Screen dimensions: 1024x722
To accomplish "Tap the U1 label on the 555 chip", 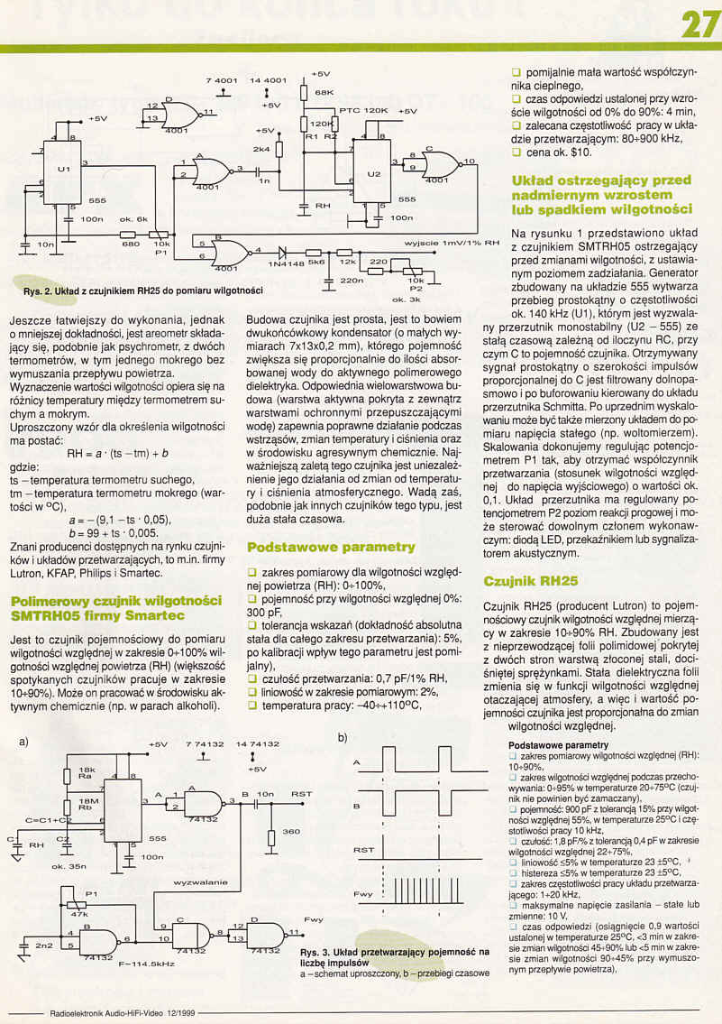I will pos(62,169).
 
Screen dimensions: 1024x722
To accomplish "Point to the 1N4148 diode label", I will pos(287,263).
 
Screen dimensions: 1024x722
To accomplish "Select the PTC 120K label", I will pos(364,110).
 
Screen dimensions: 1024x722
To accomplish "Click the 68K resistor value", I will pos(324,93).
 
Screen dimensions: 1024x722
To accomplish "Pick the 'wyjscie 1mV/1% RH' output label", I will pos(452,243).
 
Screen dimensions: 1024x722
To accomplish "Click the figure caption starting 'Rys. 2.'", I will pos(142,291).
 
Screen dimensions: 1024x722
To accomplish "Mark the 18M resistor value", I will pos(87,801).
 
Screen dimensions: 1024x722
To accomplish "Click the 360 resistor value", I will pos(290,831).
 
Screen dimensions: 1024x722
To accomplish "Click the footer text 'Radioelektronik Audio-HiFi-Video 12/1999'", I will pos(107,1011).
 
